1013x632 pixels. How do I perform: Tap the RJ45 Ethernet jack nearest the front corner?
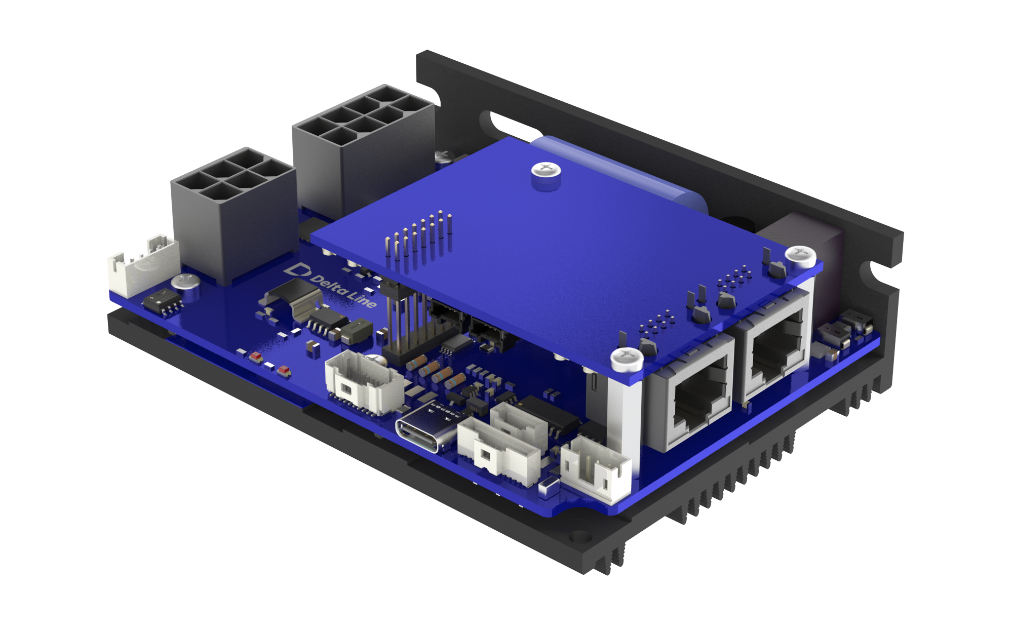point(692,390)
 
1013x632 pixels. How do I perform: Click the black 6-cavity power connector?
point(234,213)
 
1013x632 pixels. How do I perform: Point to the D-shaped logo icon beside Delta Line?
point(297,269)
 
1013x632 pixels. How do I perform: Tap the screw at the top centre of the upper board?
point(546,171)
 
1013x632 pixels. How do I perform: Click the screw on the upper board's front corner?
point(627,358)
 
